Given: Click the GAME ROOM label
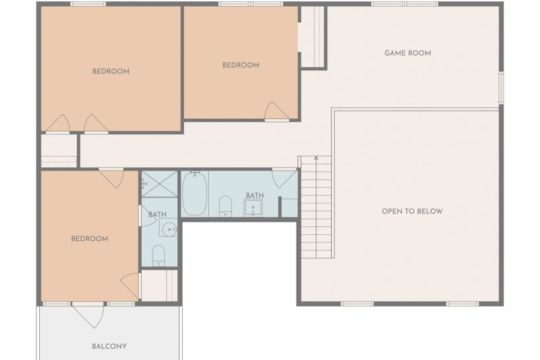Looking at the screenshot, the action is [408, 53].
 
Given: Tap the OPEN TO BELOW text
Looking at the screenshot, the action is [412, 211].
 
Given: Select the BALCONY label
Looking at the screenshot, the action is [109, 346].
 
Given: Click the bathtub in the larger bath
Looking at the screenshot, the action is [194, 194].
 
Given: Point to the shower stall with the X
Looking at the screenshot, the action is [159, 184].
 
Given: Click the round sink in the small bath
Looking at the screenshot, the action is [170, 229].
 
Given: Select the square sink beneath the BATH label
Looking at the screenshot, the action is [253, 207].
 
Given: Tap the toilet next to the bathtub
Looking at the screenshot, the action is [225, 207].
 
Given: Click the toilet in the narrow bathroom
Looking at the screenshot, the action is [158, 256].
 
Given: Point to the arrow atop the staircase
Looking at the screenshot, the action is [316, 158].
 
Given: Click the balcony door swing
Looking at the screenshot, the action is [88, 316].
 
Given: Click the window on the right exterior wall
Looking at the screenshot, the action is [501, 88].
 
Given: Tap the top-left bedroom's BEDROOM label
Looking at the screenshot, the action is [111, 72].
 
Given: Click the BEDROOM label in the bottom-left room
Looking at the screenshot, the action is [90, 238].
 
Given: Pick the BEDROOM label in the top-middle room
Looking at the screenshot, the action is [241, 65].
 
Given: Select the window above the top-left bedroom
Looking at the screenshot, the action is [88, 4].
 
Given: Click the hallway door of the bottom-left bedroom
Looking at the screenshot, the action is [112, 179].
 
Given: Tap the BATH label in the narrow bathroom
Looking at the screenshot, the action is [157, 214].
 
